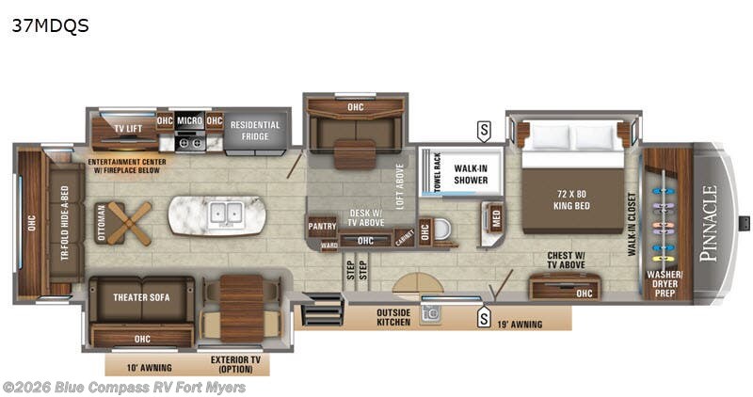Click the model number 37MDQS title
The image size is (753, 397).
click(x=51, y=25)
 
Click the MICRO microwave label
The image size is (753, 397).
click(x=189, y=120)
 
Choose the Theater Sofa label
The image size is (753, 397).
click(x=140, y=296)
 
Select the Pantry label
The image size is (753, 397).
click(x=322, y=226)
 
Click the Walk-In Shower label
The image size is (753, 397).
click(x=471, y=175)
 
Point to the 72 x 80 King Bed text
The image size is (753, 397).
click(x=572, y=198)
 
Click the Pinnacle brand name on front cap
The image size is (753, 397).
click(x=709, y=222)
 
